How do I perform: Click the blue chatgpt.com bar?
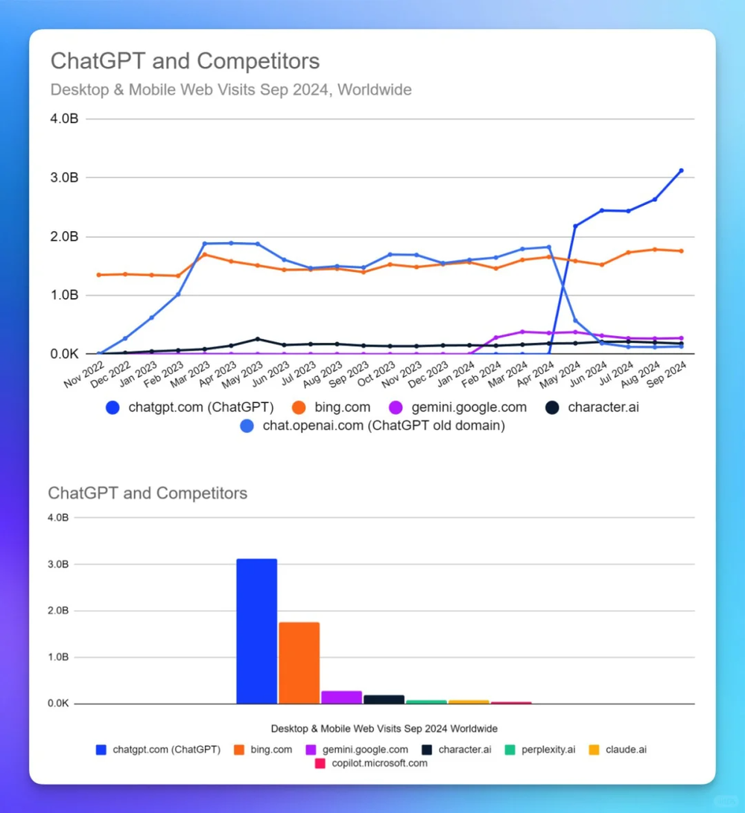coord(256,631)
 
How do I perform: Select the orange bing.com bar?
coord(299,662)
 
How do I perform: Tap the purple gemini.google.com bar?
coord(341,697)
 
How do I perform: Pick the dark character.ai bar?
coord(384,699)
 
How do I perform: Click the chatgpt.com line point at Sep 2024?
coord(681,171)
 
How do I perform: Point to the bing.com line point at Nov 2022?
coord(99,275)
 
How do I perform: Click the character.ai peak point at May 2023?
coord(258,339)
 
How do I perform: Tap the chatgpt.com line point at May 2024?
coord(575,226)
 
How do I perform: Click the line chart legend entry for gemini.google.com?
coord(458,408)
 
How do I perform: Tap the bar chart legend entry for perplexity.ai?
coord(540,750)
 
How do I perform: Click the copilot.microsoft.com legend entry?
coord(370,764)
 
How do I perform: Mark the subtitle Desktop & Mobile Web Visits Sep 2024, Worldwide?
coord(231,90)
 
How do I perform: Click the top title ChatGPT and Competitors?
coord(185,61)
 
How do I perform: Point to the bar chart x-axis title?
coord(384,728)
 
